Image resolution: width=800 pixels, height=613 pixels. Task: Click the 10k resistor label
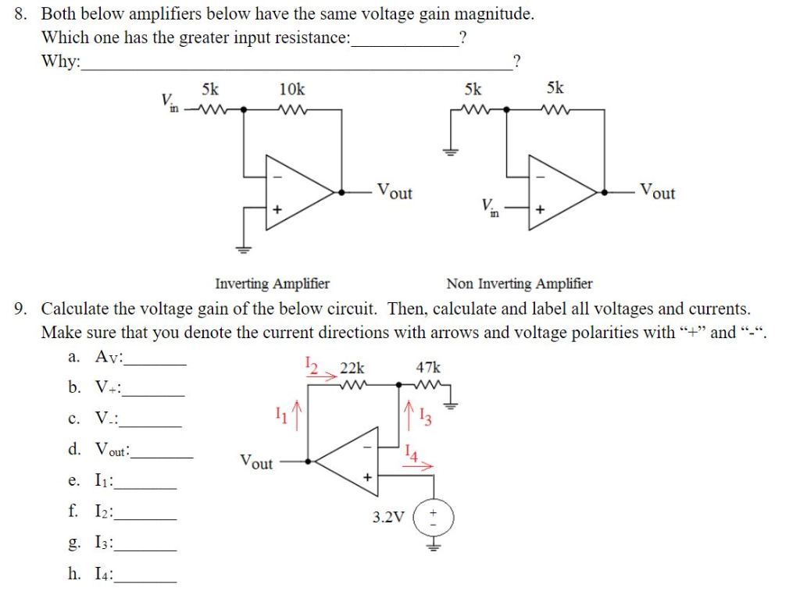(292, 88)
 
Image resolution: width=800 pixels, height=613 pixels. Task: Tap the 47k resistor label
(428, 367)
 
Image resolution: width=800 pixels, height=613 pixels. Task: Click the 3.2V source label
(388, 517)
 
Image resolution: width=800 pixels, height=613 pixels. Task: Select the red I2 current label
(310, 364)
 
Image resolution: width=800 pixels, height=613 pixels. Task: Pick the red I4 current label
(412, 452)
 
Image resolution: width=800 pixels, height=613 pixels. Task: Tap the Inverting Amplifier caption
(272, 283)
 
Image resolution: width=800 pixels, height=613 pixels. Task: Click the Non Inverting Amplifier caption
(519, 283)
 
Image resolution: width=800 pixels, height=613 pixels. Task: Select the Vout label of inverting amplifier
(395, 191)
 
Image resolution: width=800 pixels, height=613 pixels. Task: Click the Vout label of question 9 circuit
(256, 462)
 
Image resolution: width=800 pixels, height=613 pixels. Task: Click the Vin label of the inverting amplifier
(169, 102)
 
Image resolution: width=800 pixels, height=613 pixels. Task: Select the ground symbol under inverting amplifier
(244, 250)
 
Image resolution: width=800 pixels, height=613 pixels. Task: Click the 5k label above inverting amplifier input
(210, 88)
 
